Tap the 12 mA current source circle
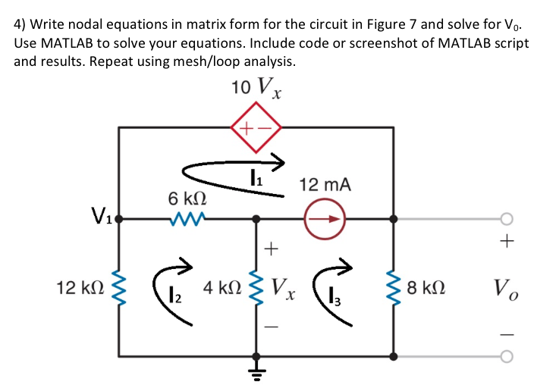tap(324, 220)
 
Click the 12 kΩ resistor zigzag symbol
tap(119, 289)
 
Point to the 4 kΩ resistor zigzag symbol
tap(257, 288)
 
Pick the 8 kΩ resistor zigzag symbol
tap(393, 289)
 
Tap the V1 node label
tap(99, 214)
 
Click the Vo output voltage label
tap(506, 289)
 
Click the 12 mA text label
tap(325, 184)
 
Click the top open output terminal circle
tap(507, 220)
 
